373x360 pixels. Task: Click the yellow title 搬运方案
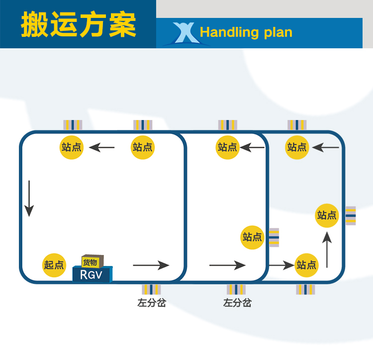pyautogui.click(x=78, y=24)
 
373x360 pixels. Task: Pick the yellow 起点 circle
pyautogui.click(x=54, y=265)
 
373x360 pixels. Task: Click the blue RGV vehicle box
pyautogui.click(x=93, y=274)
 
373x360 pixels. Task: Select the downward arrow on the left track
pyautogui.click(x=29, y=198)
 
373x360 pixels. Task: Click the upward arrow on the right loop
pyautogui.click(x=327, y=251)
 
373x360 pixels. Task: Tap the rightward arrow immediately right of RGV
pyautogui.click(x=151, y=265)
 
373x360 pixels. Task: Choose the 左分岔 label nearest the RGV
pyautogui.click(x=152, y=302)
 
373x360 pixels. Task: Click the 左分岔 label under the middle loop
pyautogui.click(x=237, y=302)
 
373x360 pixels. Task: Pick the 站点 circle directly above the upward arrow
pyautogui.click(x=327, y=215)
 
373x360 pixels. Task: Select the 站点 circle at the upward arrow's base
pyautogui.click(x=306, y=265)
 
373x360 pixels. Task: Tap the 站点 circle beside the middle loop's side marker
pyautogui.click(x=253, y=237)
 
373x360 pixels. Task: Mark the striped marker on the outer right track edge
pyautogui.click(x=351, y=216)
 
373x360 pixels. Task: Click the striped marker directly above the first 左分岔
pyautogui.click(x=152, y=289)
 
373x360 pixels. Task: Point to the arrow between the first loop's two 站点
pyautogui.click(x=102, y=147)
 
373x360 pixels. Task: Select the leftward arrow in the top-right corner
pyautogui.click(x=326, y=147)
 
